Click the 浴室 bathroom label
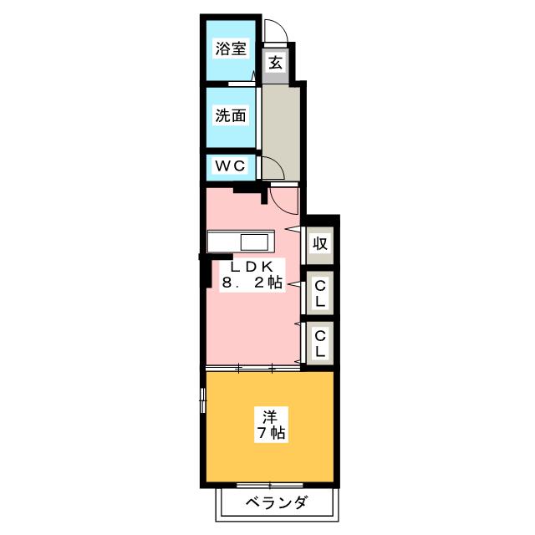(x=231, y=48)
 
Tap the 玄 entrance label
(x=276, y=63)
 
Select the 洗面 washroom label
(x=231, y=115)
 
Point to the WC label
(x=231, y=166)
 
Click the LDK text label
(x=252, y=266)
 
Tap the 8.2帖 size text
(x=252, y=283)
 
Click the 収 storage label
(x=320, y=243)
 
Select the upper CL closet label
(x=320, y=293)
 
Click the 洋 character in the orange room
(x=270, y=416)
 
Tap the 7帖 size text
(x=272, y=433)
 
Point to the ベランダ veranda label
(x=277, y=502)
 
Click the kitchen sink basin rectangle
(x=254, y=242)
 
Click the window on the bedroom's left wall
(x=203, y=400)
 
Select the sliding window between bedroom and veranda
(x=270, y=485)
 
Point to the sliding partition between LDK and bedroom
(x=253, y=368)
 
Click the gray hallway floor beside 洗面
(x=281, y=133)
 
